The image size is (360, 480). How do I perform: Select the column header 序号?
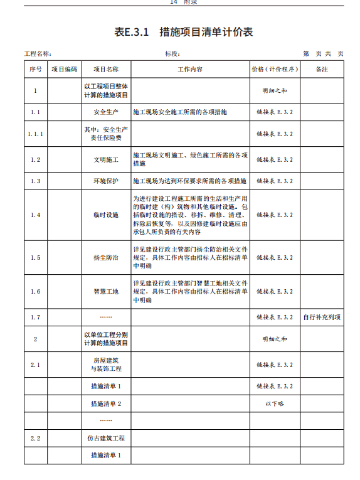pos(35,69)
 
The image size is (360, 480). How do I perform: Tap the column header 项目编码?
pos(65,69)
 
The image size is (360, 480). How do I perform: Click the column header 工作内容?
pos(190,69)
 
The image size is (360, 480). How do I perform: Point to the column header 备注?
pos(322,69)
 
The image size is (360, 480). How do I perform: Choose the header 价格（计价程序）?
pos(275,69)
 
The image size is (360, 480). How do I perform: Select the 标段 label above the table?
pos(172,54)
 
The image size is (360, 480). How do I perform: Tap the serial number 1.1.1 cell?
pos(35,134)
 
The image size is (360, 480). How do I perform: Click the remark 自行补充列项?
pos(322,317)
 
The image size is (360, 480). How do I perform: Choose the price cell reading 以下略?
pos(275,403)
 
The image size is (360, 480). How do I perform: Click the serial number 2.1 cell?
pos(35,365)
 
